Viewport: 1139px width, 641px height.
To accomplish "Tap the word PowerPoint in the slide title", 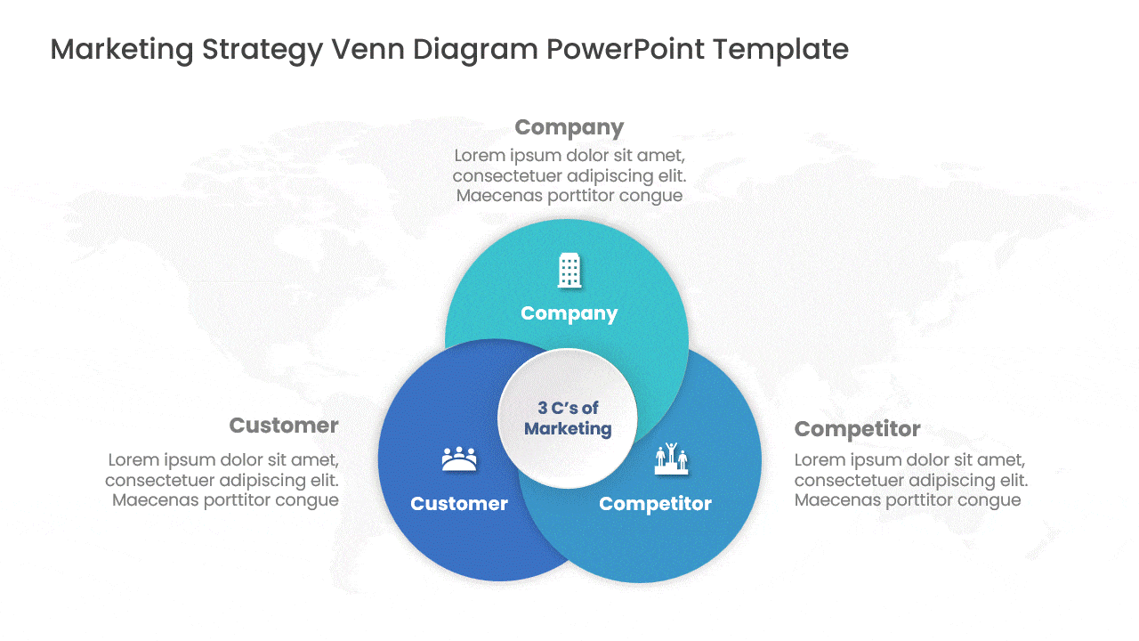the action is pyautogui.click(x=626, y=49).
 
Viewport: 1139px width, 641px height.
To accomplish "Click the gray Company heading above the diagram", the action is pyautogui.click(x=569, y=127).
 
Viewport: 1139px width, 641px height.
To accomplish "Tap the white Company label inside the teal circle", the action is pyautogui.click(x=569, y=314).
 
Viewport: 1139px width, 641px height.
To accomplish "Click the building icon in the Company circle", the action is pyautogui.click(x=569, y=270).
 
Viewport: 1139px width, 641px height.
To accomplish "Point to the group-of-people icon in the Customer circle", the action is pyautogui.click(x=459, y=458).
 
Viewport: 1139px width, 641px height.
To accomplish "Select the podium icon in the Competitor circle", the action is pyautogui.click(x=671, y=458).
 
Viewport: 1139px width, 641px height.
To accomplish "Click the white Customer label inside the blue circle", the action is pyautogui.click(x=459, y=504).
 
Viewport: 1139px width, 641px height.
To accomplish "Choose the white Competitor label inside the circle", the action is pyautogui.click(x=655, y=504).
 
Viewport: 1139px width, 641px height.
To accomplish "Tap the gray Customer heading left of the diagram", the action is pyautogui.click(x=284, y=426).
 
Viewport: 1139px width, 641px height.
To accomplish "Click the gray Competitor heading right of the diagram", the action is pyautogui.click(x=857, y=430).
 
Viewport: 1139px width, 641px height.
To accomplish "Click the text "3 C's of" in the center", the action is pyautogui.click(x=568, y=408).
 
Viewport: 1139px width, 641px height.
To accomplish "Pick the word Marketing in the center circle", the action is pyautogui.click(x=568, y=429).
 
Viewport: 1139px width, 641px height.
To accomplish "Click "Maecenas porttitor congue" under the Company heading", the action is pyautogui.click(x=569, y=196).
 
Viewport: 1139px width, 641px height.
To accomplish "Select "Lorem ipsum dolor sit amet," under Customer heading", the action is pyautogui.click(x=223, y=460).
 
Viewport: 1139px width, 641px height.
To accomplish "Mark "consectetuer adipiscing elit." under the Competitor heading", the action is pyautogui.click(x=911, y=480).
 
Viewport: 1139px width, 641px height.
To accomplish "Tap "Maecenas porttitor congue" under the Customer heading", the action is pyautogui.click(x=225, y=500).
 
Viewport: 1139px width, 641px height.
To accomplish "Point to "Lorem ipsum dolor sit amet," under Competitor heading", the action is pyautogui.click(x=909, y=460).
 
